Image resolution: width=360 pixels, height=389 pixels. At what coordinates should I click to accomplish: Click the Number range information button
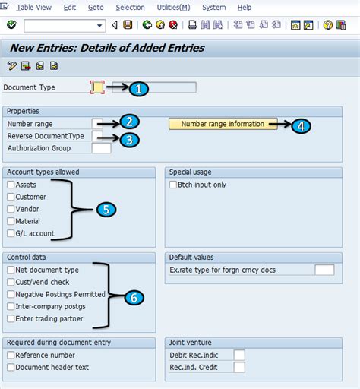[223, 124]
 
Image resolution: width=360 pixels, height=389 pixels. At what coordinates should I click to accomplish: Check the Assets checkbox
[11, 185]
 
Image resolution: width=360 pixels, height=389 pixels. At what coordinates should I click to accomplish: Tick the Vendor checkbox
[11, 209]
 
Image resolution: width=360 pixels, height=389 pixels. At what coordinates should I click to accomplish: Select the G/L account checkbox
[11, 233]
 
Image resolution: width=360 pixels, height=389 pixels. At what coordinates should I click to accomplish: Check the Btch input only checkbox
[173, 185]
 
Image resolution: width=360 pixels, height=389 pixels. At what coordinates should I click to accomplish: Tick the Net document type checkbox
[11, 270]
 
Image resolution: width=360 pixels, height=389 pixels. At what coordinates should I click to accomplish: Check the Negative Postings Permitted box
[11, 294]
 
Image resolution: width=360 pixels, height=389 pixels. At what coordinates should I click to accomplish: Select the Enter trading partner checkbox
[11, 318]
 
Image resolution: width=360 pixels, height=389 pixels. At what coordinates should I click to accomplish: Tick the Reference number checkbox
[11, 355]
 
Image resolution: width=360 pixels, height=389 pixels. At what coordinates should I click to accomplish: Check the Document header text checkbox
[11, 367]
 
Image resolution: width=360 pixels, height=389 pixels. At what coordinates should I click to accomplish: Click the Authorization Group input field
[101, 148]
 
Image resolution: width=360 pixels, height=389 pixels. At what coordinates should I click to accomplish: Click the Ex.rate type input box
[324, 270]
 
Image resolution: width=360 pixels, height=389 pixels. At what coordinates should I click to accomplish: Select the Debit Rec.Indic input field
[239, 355]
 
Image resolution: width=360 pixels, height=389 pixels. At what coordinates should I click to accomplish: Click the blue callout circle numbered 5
[106, 210]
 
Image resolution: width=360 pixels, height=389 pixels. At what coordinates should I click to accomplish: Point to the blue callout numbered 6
[134, 298]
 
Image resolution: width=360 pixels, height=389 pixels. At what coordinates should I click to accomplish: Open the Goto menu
[96, 8]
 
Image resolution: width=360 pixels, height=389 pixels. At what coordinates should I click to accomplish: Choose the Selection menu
[130, 8]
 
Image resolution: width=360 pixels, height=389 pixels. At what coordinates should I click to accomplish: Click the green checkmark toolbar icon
[11, 25]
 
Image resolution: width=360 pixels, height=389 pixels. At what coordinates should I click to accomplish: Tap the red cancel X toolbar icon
[173, 25]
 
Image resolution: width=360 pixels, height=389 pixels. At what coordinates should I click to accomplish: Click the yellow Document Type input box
[97, 87]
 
